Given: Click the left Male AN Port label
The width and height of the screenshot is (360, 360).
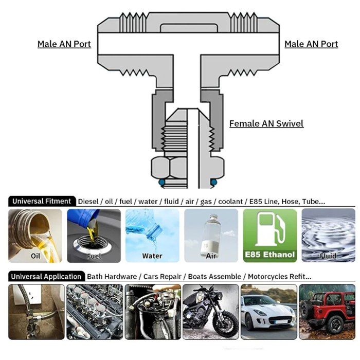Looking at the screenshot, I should click(64, 44).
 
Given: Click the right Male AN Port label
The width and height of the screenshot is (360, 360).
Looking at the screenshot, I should click(311, 44).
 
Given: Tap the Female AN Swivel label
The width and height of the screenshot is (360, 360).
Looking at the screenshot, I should click(266, 123).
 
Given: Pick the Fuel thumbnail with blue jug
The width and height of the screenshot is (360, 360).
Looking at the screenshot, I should click(94, 235).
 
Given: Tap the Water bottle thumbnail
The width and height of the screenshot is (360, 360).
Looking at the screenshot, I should click(152, 235).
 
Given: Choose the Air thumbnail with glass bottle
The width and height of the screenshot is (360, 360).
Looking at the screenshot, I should click(211, 235).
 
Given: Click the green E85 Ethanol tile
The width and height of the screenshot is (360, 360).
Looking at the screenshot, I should click(269, 235).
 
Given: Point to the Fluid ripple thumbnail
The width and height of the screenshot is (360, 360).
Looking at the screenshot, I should click(328, 235).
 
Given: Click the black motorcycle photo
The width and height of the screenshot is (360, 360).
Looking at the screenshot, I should click(211, 311).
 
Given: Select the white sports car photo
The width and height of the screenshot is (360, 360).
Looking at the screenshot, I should click(269, 311).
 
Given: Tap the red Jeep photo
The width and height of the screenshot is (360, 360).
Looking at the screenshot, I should click(327, 311).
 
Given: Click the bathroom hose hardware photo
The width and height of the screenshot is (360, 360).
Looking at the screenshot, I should click(36, 311).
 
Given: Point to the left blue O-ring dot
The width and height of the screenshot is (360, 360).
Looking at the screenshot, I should click(162, 182).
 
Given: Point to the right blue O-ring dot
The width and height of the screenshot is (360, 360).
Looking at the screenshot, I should click(213, 182).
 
